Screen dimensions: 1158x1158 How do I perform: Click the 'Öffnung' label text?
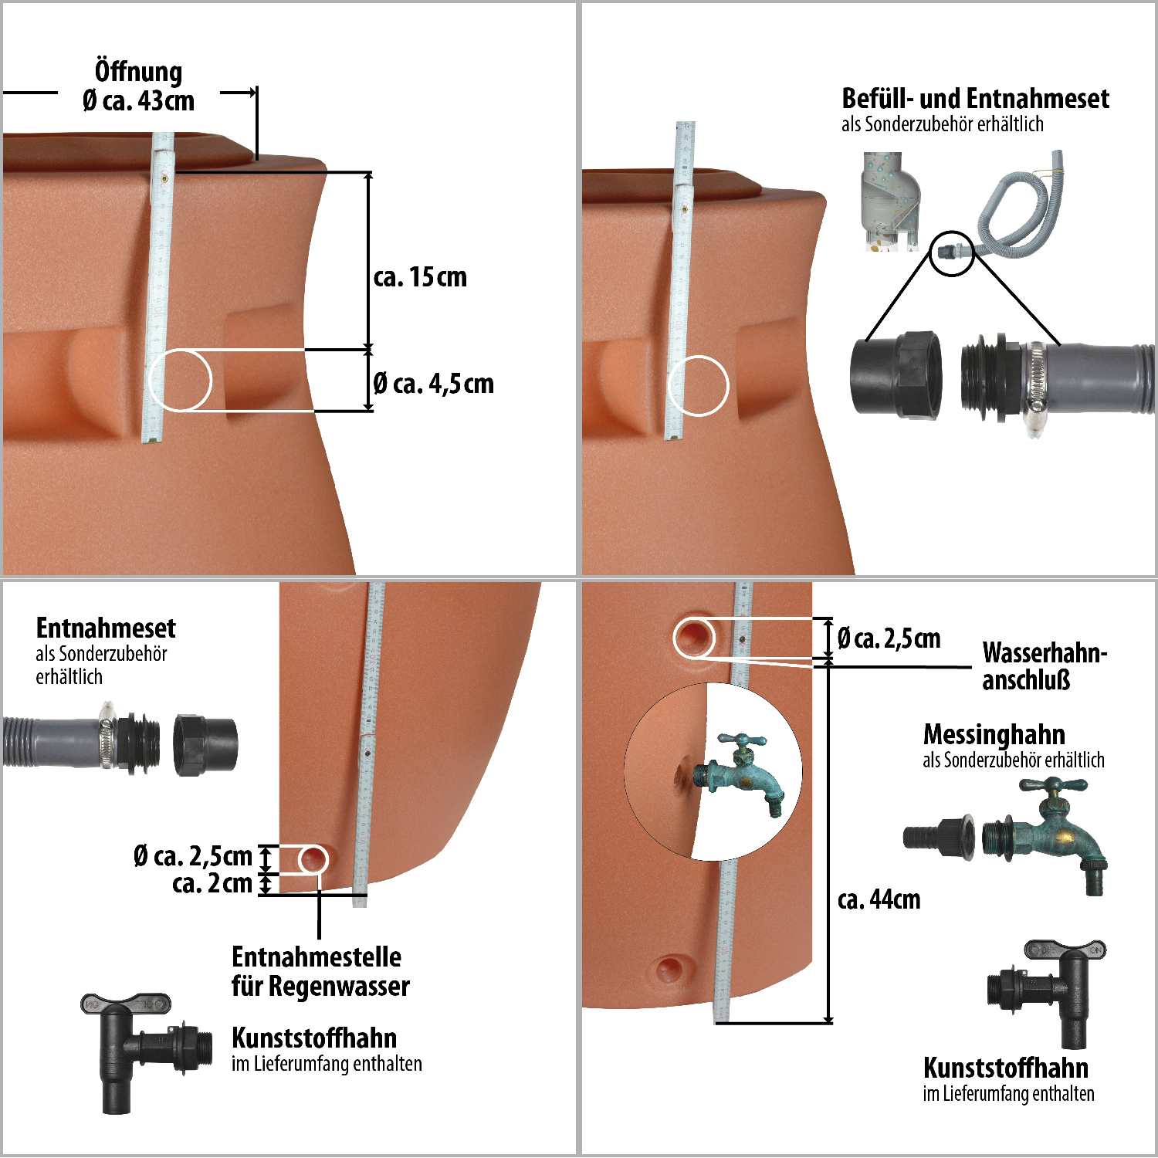click(x=139, y=71)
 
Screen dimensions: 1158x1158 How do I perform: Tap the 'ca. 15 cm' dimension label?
click(x=420, y=277)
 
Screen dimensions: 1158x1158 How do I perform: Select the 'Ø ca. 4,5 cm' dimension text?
click(x=433, y=384)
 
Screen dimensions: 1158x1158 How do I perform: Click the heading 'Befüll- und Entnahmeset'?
click(x=975, y=99)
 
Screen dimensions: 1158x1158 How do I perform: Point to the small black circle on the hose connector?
click(x=952, y=253)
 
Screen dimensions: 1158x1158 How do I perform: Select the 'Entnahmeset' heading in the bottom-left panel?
click(x=106, y=628)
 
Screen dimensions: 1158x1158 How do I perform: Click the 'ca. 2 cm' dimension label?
click(x=212, y=883)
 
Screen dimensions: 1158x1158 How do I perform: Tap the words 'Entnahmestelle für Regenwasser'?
click(x=320, y=971)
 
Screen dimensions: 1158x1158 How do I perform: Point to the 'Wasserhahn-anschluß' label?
click(x=1045, y=666)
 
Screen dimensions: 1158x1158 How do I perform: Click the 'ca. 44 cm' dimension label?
click(x=879, y=899)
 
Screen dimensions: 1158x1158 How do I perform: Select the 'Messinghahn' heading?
click(x=994, y=733)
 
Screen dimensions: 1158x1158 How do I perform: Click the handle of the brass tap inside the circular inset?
click(x=742, y=741)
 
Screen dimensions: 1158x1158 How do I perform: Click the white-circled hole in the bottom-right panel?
click(x=694, y=638)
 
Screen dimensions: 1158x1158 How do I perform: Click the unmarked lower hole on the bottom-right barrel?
click(x=668, y=969)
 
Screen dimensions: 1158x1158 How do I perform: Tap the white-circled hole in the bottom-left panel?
click(x=313, y=858)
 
